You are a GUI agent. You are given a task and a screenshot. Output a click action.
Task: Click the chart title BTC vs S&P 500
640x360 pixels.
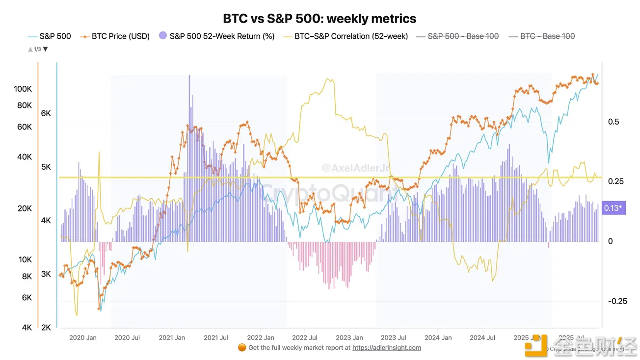pos(320,19)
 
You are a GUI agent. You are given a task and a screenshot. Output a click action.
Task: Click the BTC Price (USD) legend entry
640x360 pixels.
pos(120,36)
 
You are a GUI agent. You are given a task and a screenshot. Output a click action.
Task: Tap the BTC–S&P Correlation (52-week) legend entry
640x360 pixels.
pos(351,36)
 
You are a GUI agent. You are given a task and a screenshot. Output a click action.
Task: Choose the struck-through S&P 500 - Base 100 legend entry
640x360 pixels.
pos(463,36)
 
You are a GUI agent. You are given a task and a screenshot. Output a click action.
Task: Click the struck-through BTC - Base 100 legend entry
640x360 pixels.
pos(547,36)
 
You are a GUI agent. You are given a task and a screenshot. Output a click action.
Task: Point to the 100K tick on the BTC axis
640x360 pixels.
pos(23,89)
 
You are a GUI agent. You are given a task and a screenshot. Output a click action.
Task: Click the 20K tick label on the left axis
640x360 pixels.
pos(25,208)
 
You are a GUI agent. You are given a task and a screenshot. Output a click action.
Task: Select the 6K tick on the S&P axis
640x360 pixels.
pos(46,113)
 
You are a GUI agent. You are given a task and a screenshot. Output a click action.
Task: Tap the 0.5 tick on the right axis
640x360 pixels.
pos(613,122)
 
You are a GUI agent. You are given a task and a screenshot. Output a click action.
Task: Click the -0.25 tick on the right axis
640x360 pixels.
pos(617,301)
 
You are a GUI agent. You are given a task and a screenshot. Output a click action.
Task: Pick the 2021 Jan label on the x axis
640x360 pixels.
pos(171,337)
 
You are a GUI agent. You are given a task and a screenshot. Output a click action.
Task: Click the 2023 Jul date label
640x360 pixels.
pos(393,337)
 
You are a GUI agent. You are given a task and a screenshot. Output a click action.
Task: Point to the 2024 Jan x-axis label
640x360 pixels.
pos(438,337)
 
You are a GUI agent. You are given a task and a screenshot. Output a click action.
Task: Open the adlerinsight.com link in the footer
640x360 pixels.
pos(386,348)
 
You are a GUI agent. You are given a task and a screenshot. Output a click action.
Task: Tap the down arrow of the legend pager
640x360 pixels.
pos(46,49)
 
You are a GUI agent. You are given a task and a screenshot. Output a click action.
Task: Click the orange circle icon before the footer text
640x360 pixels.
pos(242,348)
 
